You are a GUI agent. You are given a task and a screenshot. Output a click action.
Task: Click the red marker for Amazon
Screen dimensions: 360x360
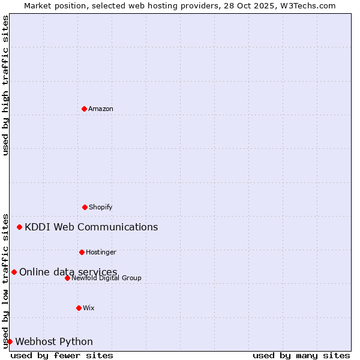84,109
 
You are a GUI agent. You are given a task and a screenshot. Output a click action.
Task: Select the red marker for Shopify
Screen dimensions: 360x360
85,207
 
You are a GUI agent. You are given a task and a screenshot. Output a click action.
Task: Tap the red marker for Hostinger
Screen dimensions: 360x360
82,252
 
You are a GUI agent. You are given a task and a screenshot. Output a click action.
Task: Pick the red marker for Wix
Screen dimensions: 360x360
79,308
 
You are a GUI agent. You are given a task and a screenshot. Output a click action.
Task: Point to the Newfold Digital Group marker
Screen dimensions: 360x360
67,278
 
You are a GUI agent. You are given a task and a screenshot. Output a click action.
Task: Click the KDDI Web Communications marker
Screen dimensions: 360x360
20,227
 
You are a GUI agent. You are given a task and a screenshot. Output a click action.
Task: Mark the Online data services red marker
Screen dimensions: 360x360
14,272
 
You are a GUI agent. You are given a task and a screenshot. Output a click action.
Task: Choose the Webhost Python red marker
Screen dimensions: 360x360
10,341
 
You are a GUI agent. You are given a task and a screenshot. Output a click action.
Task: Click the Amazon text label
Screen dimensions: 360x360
101,109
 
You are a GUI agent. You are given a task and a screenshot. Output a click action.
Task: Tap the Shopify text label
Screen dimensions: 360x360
101,207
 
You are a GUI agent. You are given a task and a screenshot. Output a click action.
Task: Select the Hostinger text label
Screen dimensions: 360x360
101,252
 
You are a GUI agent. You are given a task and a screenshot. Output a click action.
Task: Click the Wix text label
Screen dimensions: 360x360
89,308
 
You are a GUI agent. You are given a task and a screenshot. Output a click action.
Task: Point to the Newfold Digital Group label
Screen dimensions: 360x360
106,278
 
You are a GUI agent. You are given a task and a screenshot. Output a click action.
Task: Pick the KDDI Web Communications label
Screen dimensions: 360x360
91,227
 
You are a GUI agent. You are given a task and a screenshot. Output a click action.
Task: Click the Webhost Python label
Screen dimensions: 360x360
54,341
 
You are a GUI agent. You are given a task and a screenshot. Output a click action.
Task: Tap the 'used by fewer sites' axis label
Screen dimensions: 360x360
62,355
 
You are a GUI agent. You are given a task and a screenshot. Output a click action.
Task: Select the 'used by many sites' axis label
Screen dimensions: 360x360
301,355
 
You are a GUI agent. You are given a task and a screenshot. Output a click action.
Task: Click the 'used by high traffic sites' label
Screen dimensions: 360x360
5,85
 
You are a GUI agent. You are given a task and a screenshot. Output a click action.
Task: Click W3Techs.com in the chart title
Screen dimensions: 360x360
307,5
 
